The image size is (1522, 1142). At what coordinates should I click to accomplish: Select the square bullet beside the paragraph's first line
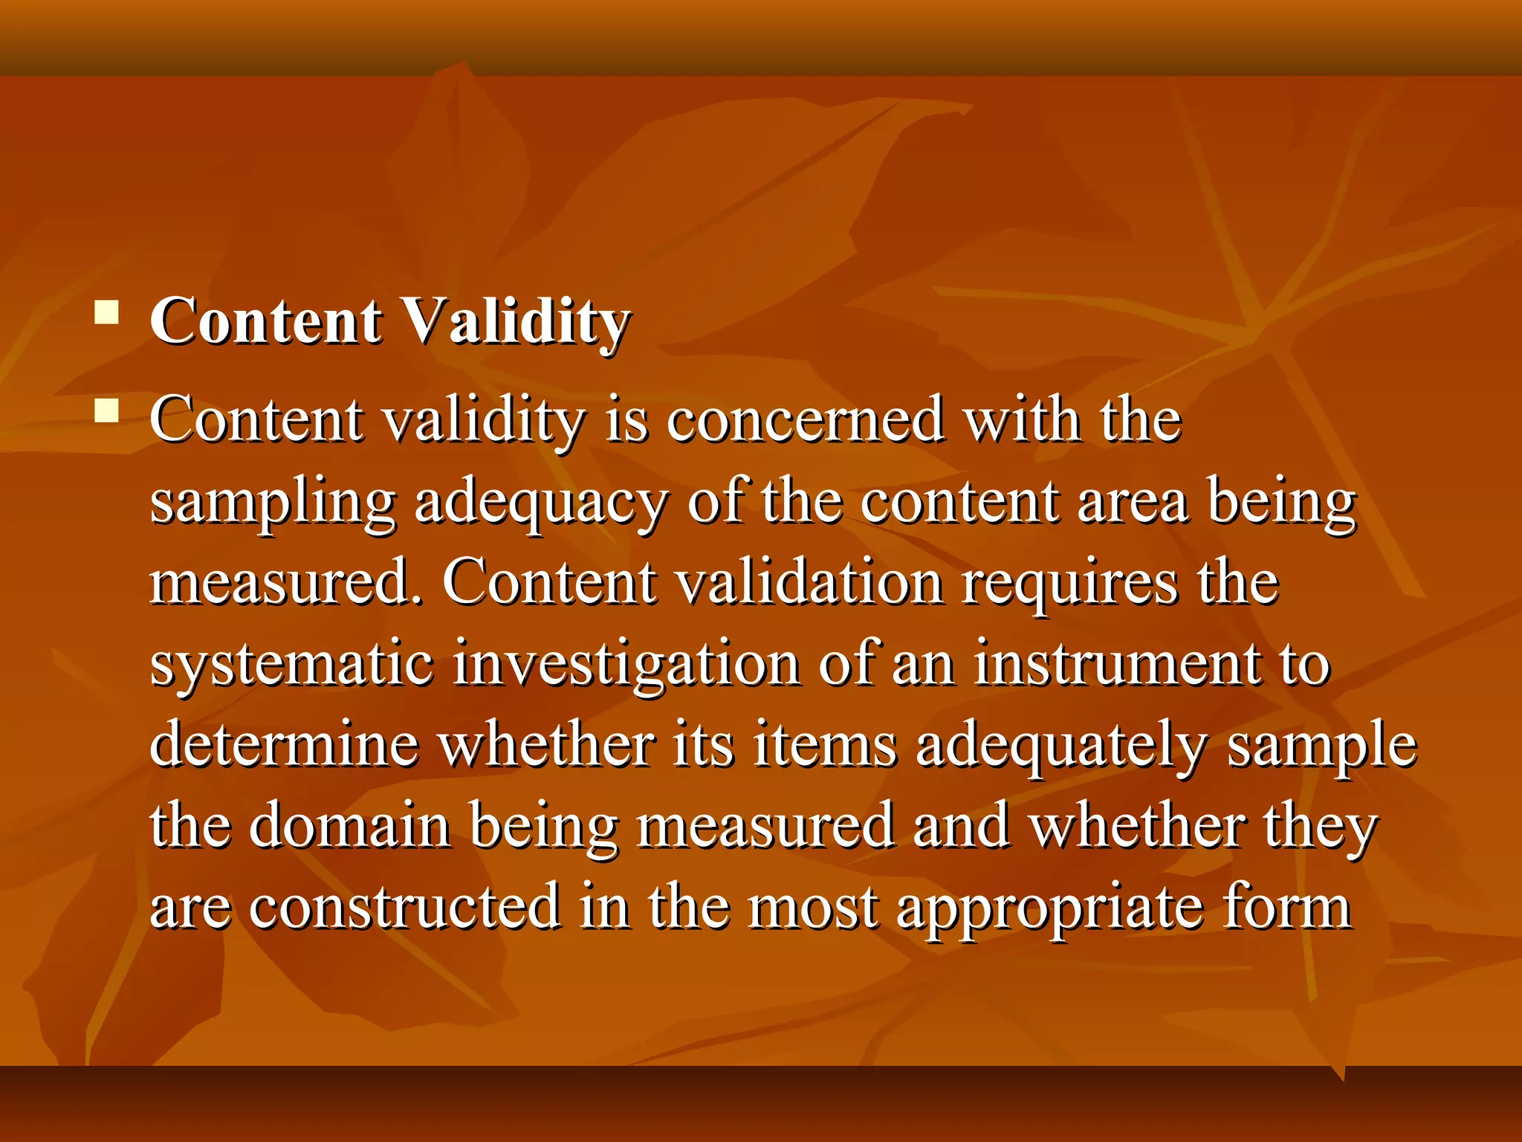tap(107, 410)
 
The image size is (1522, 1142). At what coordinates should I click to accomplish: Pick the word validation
tap(811, 583)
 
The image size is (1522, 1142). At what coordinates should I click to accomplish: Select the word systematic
tap(292, 664)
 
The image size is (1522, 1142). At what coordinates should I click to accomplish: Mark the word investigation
tap(626, 664)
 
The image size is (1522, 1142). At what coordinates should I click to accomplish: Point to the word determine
tap(285, 744)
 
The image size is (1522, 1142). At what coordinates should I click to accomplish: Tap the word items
tap(825, 745)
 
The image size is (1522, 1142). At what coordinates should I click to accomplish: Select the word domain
tap(350, 825)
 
